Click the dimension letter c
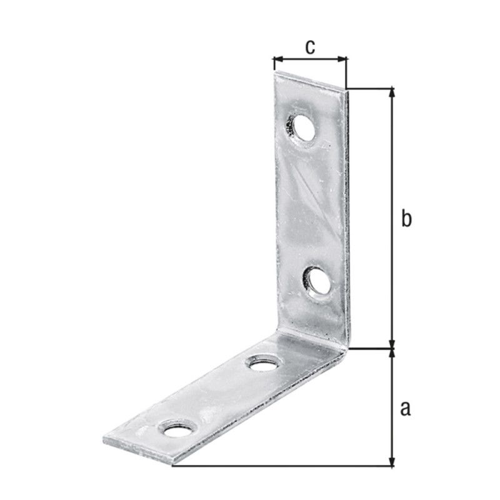310,47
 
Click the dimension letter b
406,218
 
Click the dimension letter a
405,409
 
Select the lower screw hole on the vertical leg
316,281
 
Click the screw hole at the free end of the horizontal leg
177,428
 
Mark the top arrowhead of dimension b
392,92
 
